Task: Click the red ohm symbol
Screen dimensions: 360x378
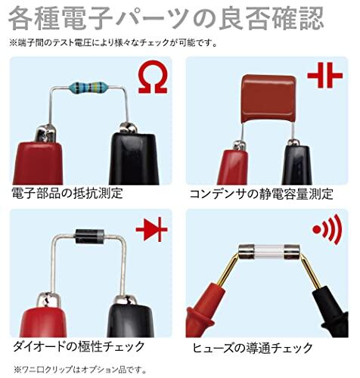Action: click(x=153, y=77)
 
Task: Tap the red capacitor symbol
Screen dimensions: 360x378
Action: click(x=325, y=76)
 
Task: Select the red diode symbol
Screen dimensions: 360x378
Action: click(x=152, y=230)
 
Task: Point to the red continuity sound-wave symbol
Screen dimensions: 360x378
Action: click(x=327, y=229)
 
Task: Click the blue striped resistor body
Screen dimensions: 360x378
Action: click(x=88, y=88)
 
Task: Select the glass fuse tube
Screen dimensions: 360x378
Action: click(x=269, y=252)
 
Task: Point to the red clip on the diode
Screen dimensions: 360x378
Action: click(x=43, y=316)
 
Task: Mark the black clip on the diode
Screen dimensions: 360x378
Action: click(x=131, y=316)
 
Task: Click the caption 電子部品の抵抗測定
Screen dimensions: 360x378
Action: click(x=67, y=194)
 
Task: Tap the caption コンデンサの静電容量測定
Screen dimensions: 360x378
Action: click(x=262, y=194)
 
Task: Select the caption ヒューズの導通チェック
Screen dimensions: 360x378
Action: click(x=253, y=348)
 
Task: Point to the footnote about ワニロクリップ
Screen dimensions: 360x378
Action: click(x=80, y=370)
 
